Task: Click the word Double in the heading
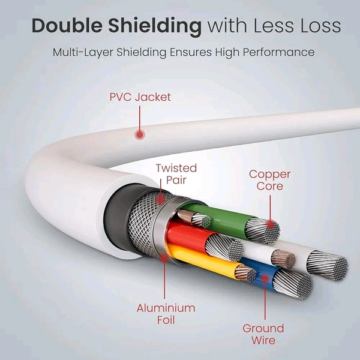[65, 26]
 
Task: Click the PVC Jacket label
[140, 96]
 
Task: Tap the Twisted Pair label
[176, 174]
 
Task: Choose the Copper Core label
[270, 180]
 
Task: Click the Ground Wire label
[263, 334]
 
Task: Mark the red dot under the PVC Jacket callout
[140, 135]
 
